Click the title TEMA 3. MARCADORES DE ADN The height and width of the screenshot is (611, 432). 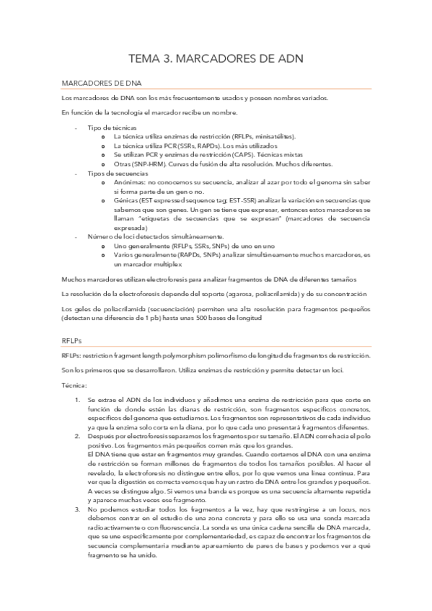point(216,57)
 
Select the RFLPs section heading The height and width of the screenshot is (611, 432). point(73,342)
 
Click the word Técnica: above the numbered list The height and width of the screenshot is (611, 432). point(74,385)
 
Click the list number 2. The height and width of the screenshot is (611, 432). point(78,436)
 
